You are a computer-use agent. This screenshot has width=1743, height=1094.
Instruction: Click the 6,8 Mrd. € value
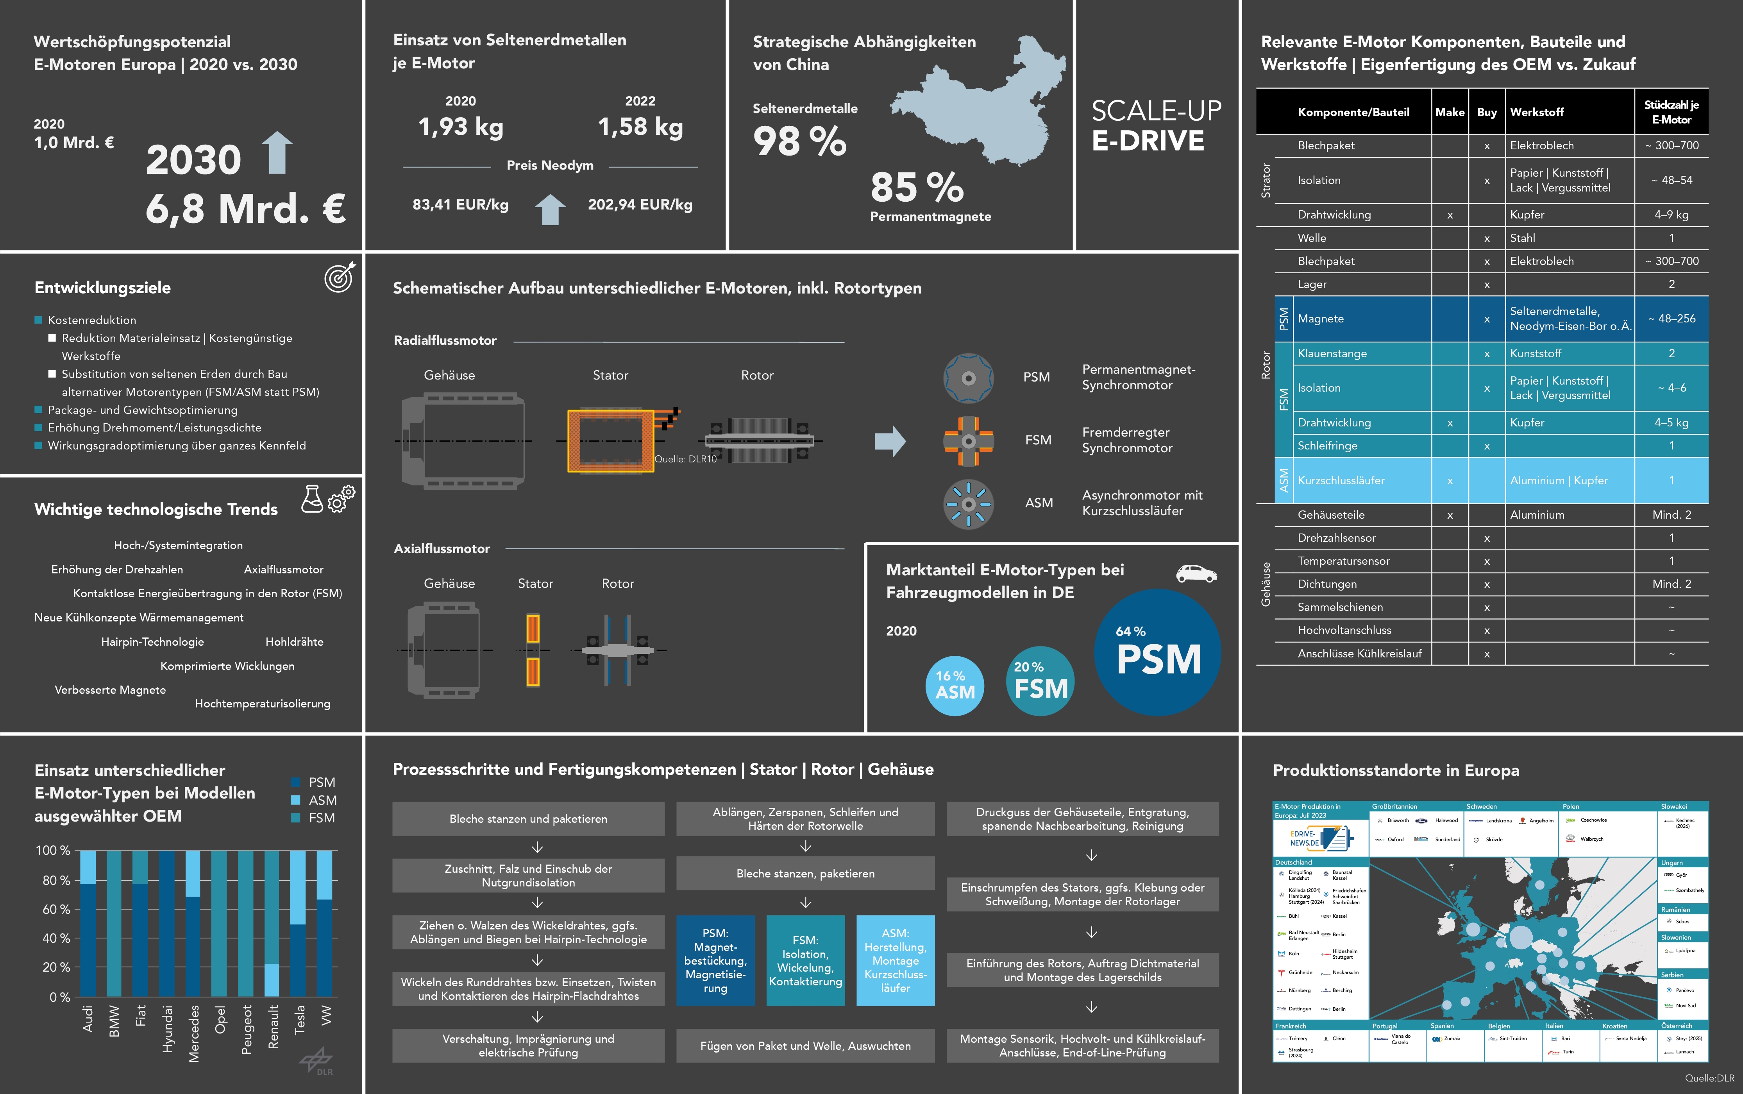pos(245,209)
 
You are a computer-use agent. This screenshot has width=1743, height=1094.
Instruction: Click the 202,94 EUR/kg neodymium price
pos(640,205)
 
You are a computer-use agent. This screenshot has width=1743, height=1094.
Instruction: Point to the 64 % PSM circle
pos(1158,653)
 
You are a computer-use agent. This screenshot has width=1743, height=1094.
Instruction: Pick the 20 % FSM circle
pos(1040,681)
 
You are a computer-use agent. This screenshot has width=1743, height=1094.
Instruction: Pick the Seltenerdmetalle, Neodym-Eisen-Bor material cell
pos(1570,319)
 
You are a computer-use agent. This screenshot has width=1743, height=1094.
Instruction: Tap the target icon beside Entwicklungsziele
pos(339,277)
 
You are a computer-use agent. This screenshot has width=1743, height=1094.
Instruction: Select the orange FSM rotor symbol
pos(969,440)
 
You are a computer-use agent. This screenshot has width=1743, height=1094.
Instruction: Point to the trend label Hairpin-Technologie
pos(153,642)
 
